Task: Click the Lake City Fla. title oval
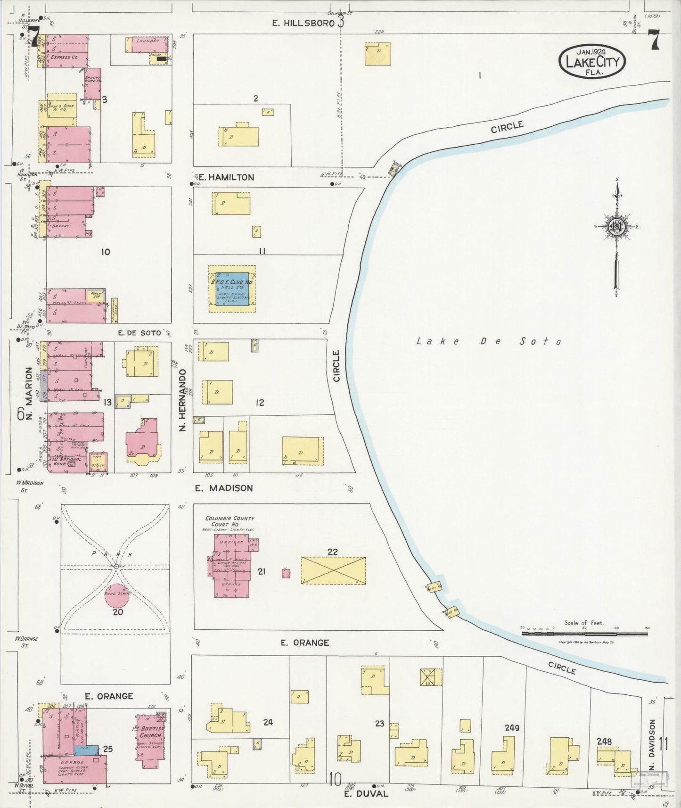point(593,62)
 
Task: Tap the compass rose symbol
point(616,227)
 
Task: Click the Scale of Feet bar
point(584,634)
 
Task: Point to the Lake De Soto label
point(489,341)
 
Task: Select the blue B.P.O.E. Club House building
point(232,289)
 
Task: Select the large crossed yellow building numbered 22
point(334,570)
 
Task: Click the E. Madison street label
point(224,488)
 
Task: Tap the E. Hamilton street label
point(226,177)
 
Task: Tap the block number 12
point(259,403)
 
